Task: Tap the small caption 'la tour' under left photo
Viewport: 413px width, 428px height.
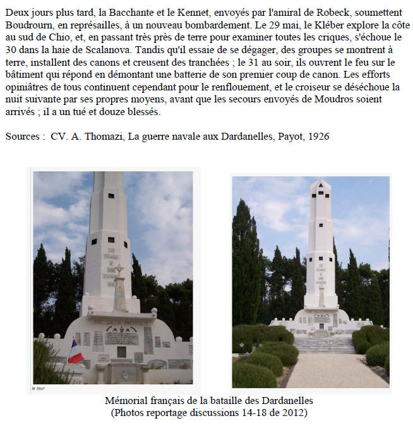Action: click(x=39, y=388)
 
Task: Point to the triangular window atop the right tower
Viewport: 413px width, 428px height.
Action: click(x=320, y=185)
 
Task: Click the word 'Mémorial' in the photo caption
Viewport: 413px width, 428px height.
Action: click(x=125, y=401)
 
